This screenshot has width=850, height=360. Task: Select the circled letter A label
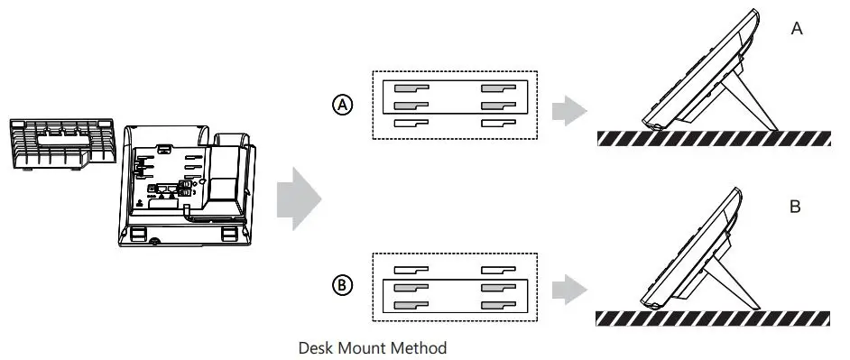point(343,105)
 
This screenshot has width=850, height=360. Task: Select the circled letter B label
point(343,285)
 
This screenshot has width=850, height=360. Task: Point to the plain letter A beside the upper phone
point(797,29)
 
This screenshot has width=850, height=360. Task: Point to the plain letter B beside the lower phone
point(795,208)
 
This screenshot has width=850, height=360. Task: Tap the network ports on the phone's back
point(172,191)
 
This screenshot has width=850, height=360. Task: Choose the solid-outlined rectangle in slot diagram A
point(455,97)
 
